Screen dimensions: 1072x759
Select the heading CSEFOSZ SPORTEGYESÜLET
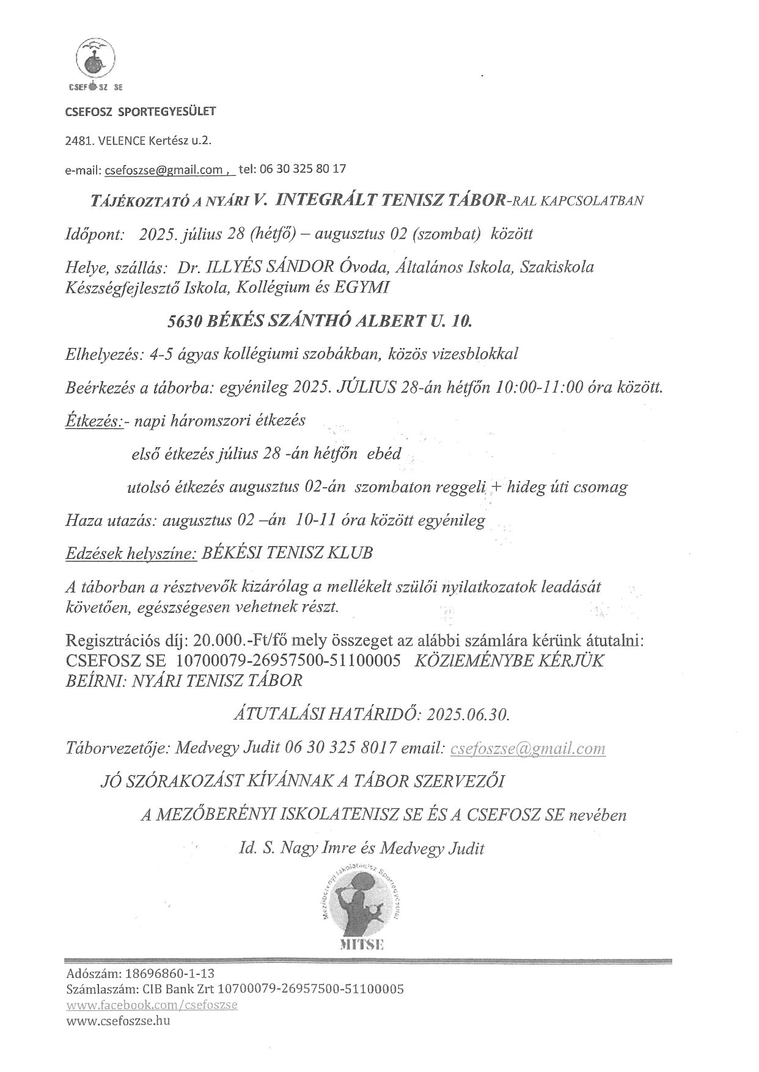click(x=141, y=112)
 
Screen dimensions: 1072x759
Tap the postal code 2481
click(x=78, y=141)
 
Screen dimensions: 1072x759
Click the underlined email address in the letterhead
click(x=165, y=170)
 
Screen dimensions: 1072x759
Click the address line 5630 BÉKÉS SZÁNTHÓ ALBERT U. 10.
click(x=320, y=319)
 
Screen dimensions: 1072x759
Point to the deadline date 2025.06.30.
click(x=469, y=714)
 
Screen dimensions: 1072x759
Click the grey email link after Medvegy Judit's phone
click(x=528, y=748)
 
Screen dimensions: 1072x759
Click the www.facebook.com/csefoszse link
click(x=152, y=1005)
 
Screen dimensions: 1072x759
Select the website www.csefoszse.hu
click(x=118, y=1021)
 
